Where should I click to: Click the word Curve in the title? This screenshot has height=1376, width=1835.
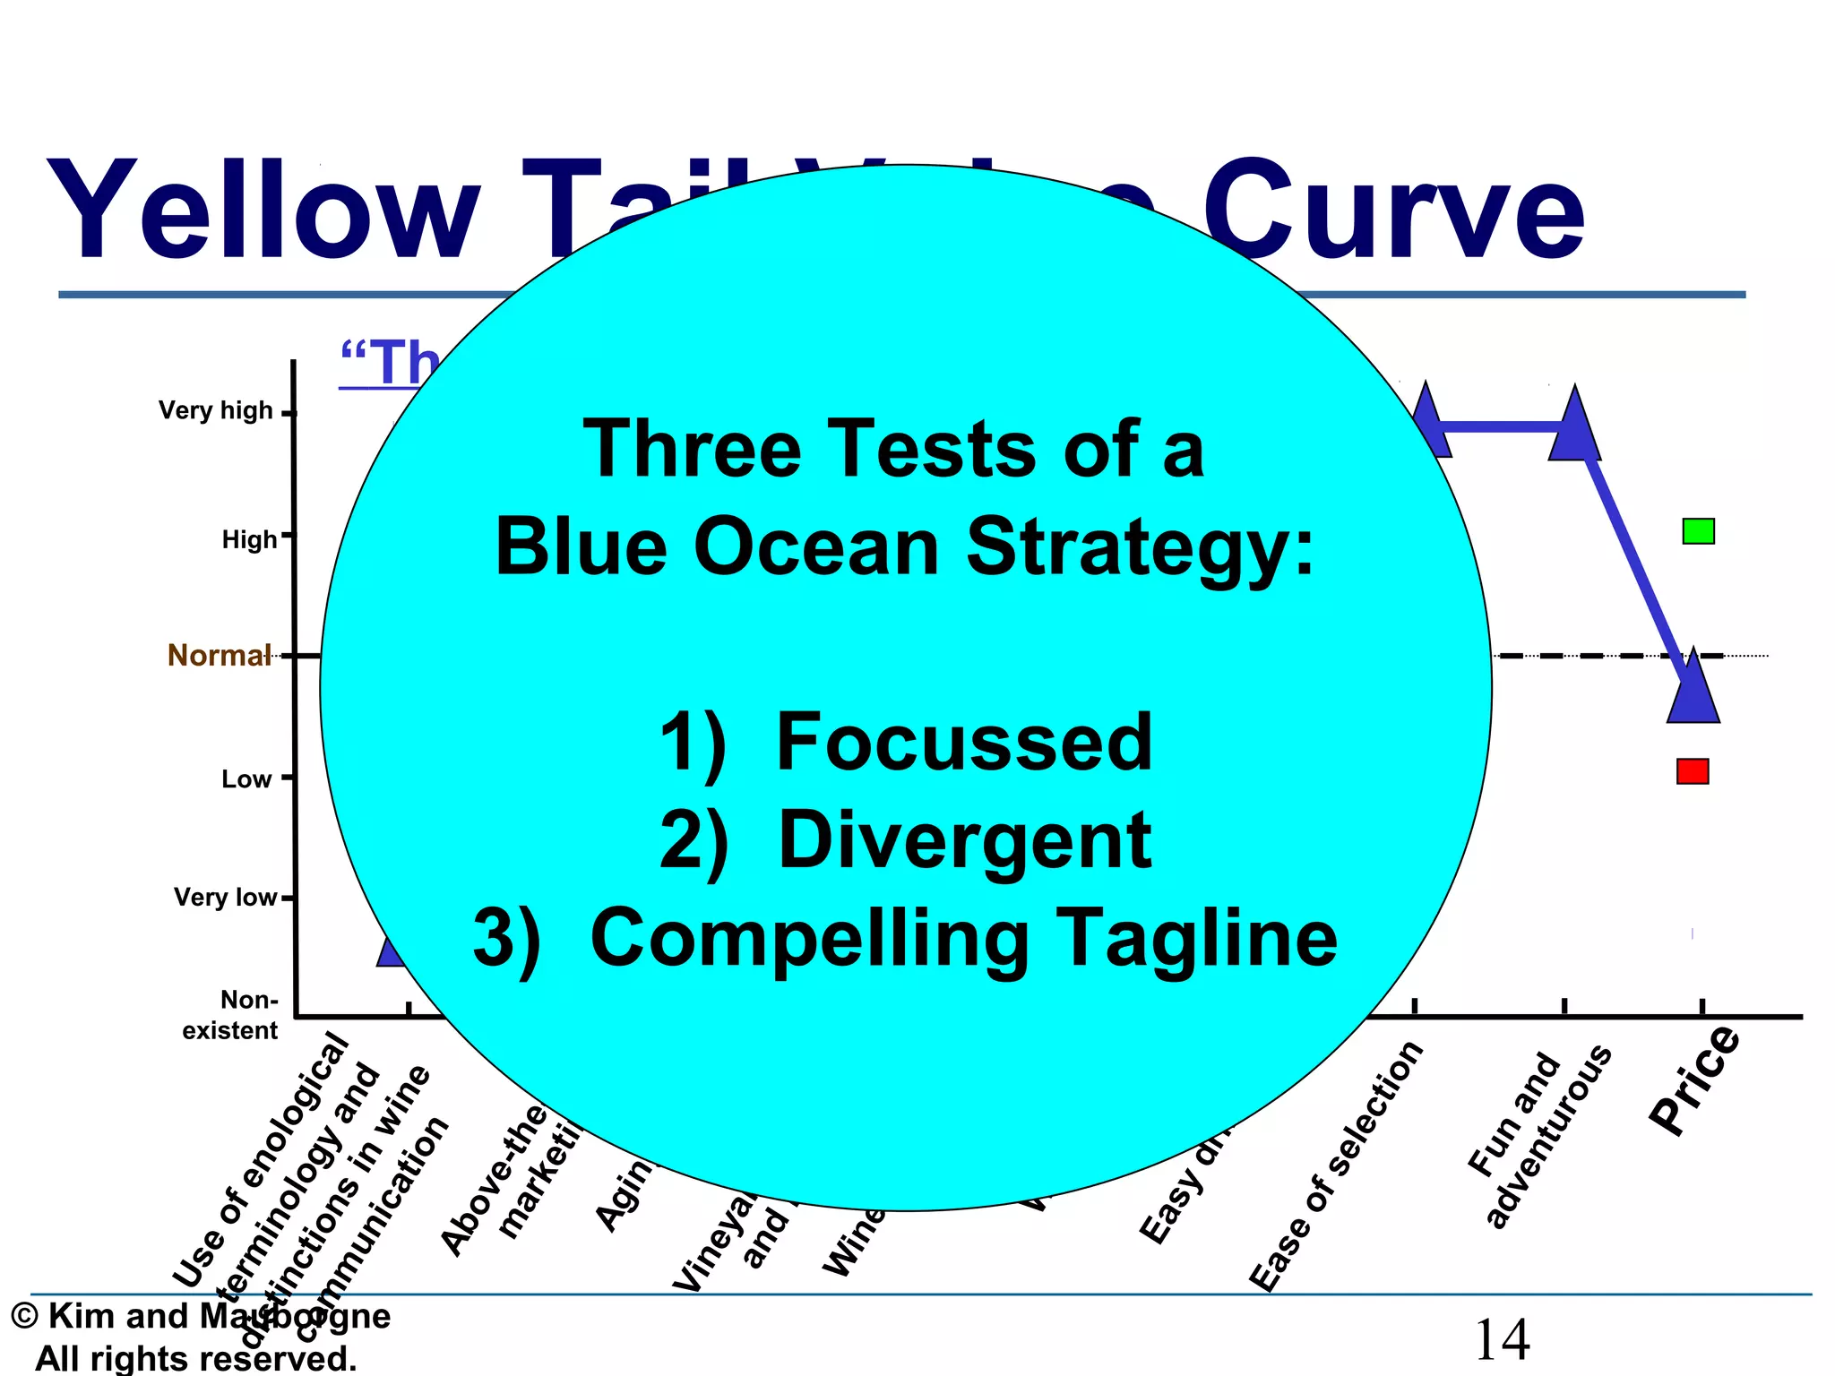[x=1393, y=211]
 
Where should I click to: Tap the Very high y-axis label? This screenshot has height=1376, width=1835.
[x=215, y=410]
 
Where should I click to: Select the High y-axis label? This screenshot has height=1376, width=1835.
[x=249, y=539]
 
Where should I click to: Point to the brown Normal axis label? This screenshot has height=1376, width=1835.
[x=219, y=656]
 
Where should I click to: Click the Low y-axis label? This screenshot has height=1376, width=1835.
[x=246, y=779]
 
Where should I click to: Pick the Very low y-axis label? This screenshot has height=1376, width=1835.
[x=225, y=898]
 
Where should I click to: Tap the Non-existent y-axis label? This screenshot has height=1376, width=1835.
[x=231, y=1015]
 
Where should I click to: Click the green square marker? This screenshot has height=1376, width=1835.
[x=1698, y=531]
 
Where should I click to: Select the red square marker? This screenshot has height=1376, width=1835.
[x=1693, y=771]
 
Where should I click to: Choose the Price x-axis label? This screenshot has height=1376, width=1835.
[x=1695, y=1080]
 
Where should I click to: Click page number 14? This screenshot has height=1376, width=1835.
[x=1502, y=1340]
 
